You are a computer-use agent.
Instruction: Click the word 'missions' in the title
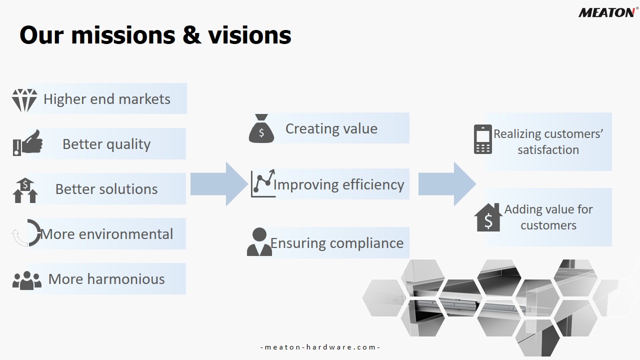123,35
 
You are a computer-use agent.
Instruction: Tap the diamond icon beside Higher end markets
24,100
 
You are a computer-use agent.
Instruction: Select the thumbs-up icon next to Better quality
27,143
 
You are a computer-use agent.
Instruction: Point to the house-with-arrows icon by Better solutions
25,190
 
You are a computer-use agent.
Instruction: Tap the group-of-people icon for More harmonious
27,280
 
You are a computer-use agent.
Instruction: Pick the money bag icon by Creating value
261,128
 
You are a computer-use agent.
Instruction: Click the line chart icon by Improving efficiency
263,183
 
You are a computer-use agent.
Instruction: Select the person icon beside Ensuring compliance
259,241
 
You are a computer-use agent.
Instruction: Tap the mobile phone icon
483,139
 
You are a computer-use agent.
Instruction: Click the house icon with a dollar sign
488,217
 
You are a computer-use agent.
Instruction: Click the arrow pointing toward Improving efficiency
219,184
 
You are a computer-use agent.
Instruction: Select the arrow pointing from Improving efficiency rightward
447,184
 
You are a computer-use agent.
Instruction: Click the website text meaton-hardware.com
320,347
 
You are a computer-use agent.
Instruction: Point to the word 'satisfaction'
548,149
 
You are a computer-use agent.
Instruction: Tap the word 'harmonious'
126,279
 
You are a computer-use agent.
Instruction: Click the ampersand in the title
191,35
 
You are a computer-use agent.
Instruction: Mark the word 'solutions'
129,189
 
